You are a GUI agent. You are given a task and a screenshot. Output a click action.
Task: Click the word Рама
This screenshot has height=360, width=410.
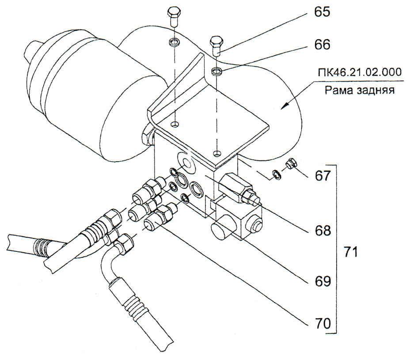338,91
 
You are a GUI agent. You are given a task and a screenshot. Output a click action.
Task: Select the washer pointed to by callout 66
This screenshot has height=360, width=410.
216,71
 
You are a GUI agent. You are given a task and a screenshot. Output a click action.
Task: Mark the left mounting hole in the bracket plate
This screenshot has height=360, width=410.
175,124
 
